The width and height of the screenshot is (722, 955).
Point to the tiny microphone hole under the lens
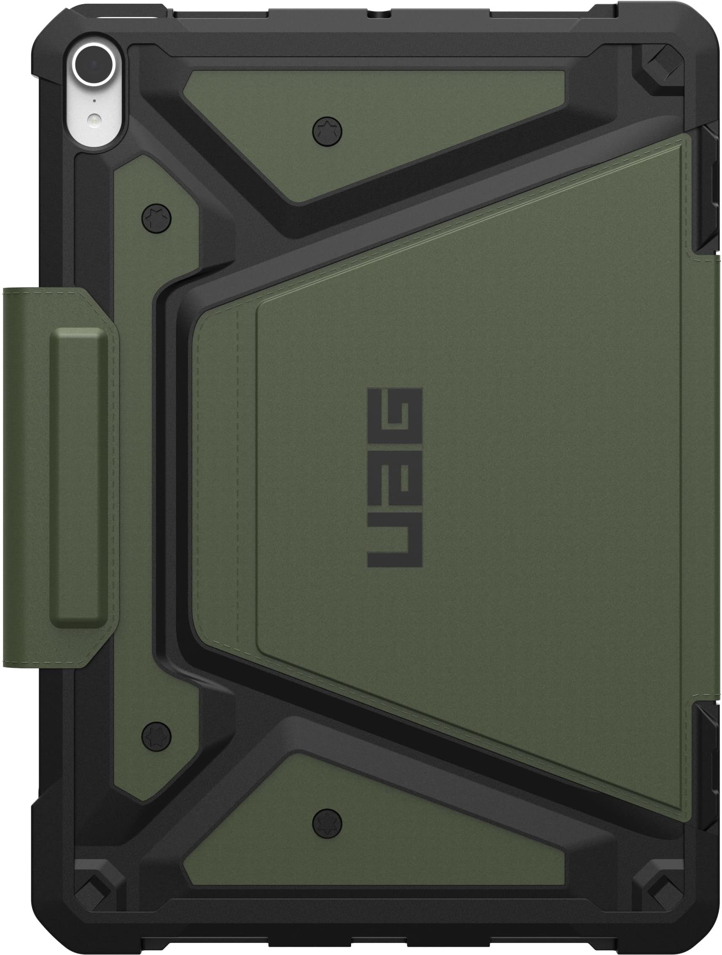click(x=94, y=101)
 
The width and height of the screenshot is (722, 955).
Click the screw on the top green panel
click(x=327, y=129)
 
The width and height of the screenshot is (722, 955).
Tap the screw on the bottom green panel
click(x=327, y=821)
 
